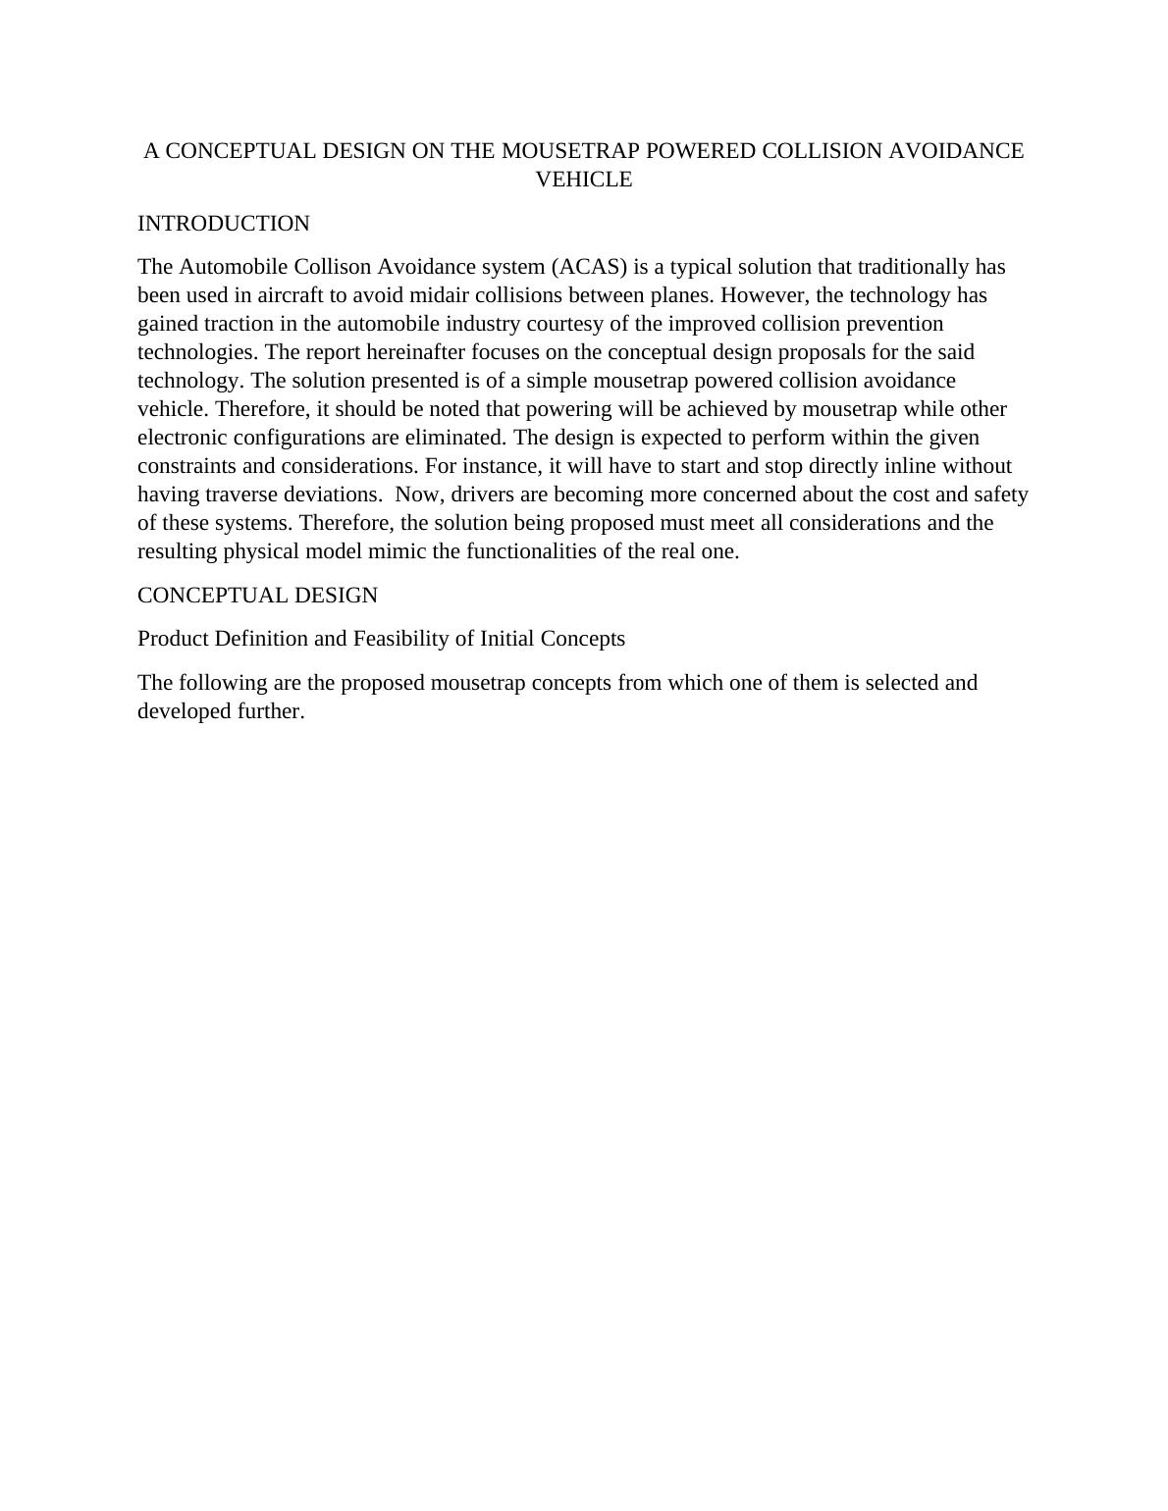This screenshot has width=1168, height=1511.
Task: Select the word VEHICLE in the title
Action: click(584, 180)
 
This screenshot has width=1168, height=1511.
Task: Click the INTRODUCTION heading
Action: click(224, 224)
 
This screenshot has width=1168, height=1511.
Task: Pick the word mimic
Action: click(398, 551)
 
